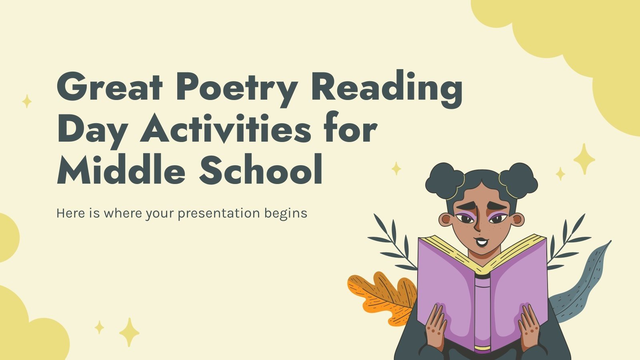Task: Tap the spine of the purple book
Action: pyautogui.click(x=482, y=312)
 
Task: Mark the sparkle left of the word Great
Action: pyautogui.click(x=27, y=102)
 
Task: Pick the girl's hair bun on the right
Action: pyautogui.click(x=519, y=180)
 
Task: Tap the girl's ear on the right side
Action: pyautogui.click(x=518, y=220)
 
